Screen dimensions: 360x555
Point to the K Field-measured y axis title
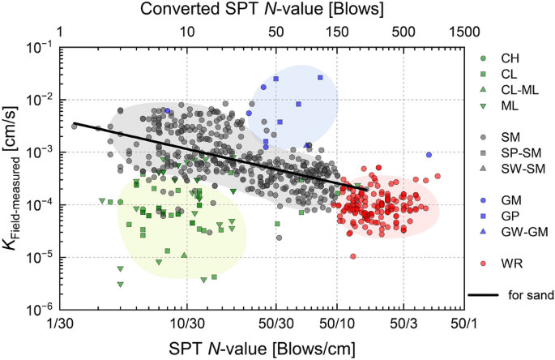pyautogui.click(x=14, y=178)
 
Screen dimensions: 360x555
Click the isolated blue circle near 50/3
pyautogui.click(x=429, y=155)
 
